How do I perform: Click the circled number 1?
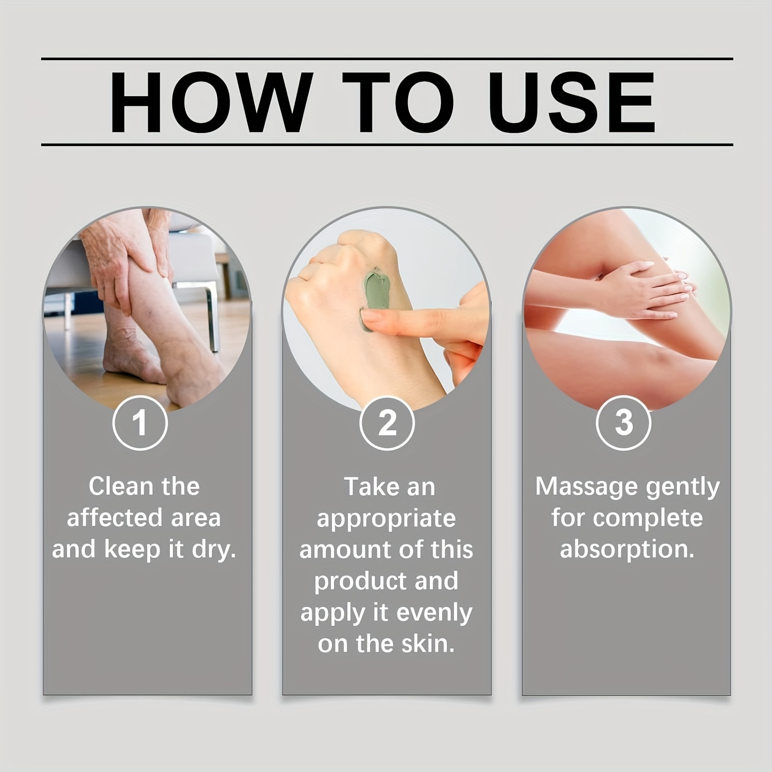tap(140, 423)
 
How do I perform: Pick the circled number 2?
tap(387, 423)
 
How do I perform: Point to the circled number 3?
tap(624, 423)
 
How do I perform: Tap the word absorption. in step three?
tap(627, 550)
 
